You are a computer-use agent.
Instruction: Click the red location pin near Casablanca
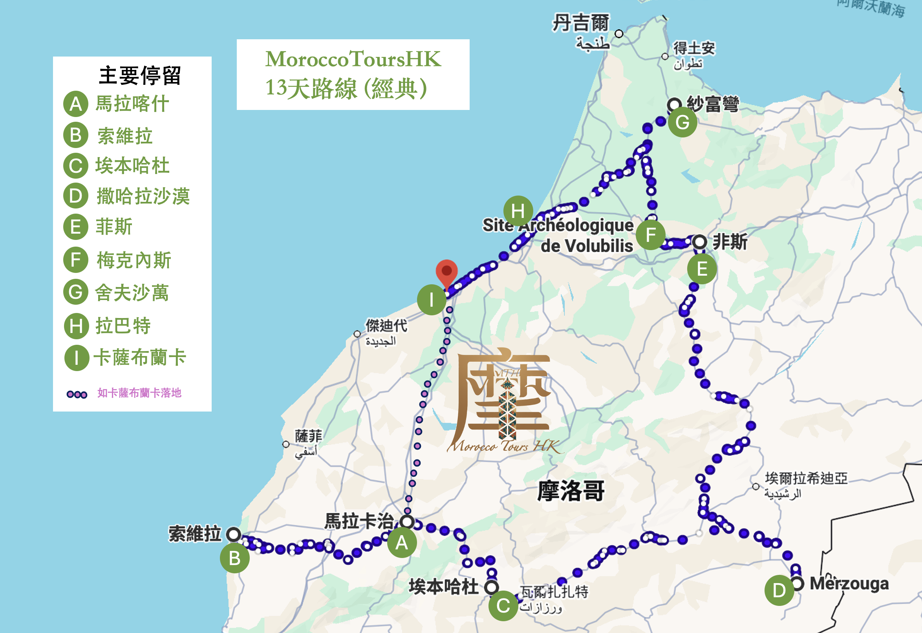[x=446, y=272]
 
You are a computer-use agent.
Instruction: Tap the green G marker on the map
[x=682, y=122]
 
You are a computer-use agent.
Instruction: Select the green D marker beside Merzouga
[x=779, y=590]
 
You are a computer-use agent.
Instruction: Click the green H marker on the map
[x=518, y=210]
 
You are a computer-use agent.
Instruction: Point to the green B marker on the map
[x=235, y=558]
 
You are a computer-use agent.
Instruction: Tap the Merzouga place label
[x=849, y=584]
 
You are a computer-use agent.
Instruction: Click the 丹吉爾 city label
[x=580, y=23]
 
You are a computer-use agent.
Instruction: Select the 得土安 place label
[x=694, y=48]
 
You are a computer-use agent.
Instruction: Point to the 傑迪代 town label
[x=386, y=326]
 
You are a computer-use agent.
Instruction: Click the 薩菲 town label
[x=308, y=436]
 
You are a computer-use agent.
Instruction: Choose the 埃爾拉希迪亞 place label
[x=806, y=478]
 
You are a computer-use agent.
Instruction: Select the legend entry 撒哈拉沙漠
[x=143, y=196]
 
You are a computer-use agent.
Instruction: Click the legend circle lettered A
[x=76, y=104]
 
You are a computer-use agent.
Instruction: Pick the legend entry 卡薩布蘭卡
[x=140, y=357]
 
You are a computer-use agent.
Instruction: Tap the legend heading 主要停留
[x=140, y=75]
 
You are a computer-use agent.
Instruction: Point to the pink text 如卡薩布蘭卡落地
[x=139, y=393]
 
